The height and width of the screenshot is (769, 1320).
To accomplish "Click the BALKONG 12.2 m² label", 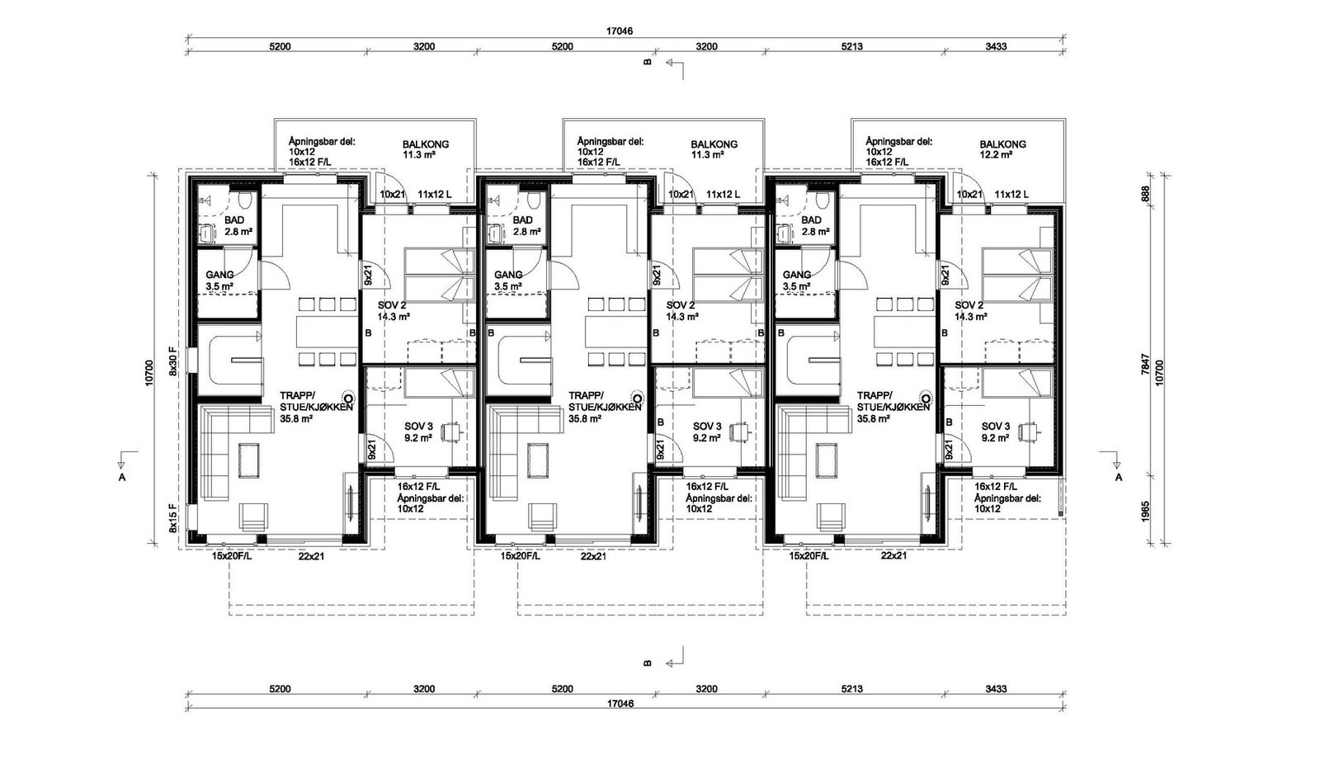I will [1002, 149].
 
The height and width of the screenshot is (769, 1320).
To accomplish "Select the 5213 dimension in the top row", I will [851, 47].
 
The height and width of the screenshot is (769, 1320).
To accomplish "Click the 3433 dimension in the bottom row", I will [996, 689].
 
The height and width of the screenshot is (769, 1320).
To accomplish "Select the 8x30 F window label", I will [173, 361].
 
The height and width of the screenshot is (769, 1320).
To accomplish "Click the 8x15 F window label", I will [173, 517].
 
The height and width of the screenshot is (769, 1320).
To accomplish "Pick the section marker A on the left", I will [122, 477].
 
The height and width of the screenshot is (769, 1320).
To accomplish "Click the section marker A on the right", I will [1119, 477].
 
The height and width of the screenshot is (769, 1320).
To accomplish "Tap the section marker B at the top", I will [648, 62].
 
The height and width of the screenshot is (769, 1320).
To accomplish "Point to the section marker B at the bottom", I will [648, 663].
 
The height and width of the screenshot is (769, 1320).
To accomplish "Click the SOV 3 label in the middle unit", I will [707, 432].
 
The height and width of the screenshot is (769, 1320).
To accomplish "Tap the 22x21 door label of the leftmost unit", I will [311, 556].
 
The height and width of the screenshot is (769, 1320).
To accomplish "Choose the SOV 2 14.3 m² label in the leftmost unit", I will [392, 310].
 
